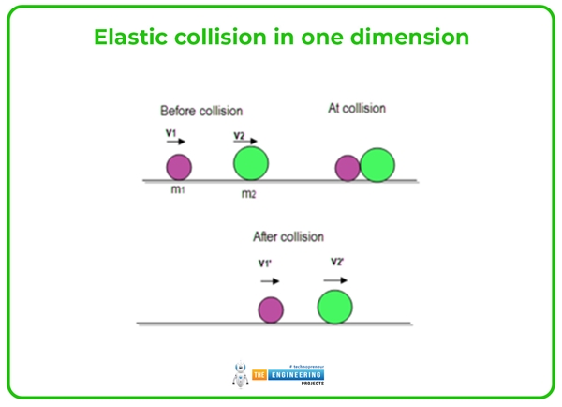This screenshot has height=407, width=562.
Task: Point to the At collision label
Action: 356,109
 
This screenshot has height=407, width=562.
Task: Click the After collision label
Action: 288,237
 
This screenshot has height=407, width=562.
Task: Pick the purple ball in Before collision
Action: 179,168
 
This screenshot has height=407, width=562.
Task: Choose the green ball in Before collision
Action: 251,164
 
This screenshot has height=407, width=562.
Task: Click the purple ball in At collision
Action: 348,168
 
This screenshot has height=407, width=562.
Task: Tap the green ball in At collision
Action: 377,164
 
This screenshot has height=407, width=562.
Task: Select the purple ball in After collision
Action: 271,309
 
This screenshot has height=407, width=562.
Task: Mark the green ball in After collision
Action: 334,306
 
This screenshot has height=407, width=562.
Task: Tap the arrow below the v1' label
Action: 270,280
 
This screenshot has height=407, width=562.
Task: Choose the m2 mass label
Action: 248,193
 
